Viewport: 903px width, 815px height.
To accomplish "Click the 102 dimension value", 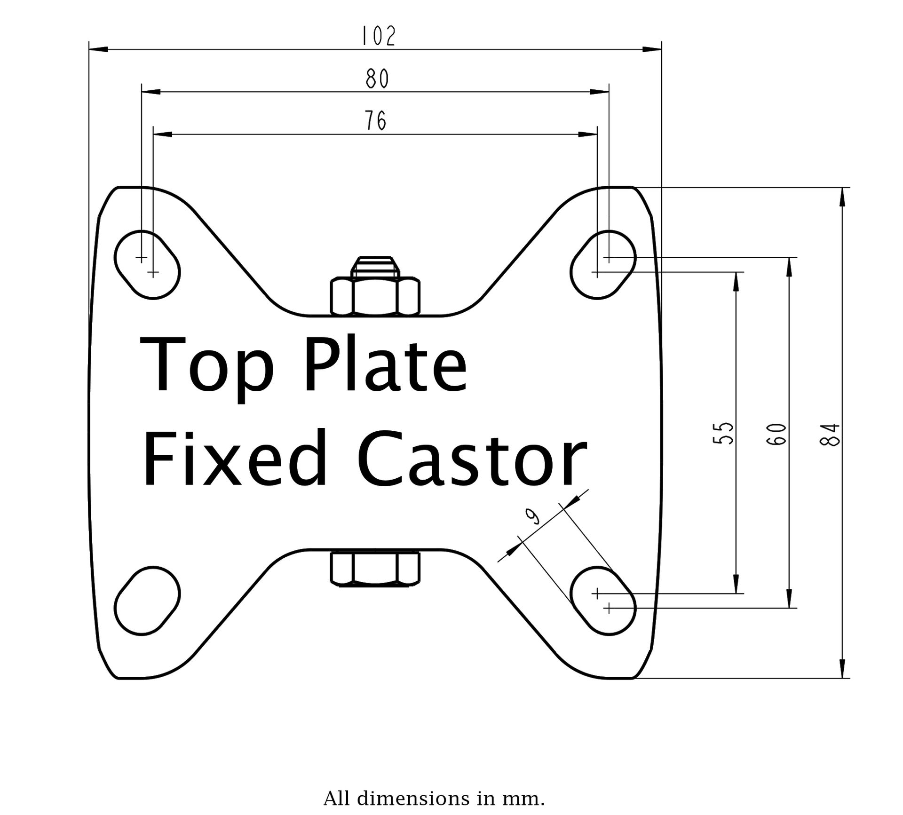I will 378,36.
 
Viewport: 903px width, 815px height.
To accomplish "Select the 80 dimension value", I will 377,79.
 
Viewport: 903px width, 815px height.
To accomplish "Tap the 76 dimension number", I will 376,121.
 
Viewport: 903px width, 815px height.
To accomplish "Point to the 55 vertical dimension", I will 723,433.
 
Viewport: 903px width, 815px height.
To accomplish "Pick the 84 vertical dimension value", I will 829,435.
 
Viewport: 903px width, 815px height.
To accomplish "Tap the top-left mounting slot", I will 147,264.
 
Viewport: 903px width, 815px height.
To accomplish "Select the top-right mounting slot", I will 603,264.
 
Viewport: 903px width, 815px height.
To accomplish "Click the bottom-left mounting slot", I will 147,601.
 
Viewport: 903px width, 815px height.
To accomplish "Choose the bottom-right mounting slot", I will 603,601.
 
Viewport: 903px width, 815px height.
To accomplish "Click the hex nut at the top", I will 375,296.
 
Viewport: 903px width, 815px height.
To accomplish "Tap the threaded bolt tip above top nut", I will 375,266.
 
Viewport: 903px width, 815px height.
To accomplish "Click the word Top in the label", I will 206,366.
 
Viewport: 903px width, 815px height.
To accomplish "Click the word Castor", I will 472,458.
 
